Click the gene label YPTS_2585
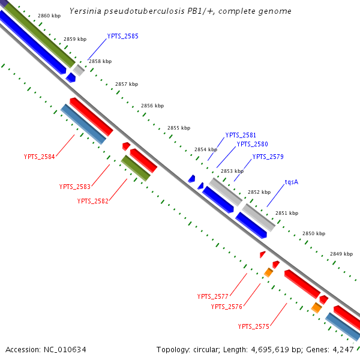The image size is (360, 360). tap(122, 36)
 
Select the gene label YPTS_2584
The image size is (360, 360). tap(40, 157)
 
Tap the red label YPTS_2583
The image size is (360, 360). tap(75, 187)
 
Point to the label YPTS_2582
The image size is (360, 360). tap(93, 201)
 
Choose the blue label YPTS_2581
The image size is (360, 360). tap(241, 135)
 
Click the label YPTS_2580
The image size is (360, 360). tap(252, 144)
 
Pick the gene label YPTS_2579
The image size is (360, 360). tap(268, 157)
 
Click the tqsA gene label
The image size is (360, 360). tap(292, 181)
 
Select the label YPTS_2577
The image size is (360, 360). tap(213, 296)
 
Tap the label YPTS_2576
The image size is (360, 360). tap(227, 307)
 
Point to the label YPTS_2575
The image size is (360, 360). tap(254, 326)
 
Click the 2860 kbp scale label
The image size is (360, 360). tap(49, 16)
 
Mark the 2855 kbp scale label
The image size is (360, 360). tap(179, 128)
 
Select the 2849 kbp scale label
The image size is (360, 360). tap(341, 254)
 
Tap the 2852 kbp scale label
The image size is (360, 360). tap(259, 192)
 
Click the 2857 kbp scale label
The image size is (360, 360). tap(127, 84)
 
